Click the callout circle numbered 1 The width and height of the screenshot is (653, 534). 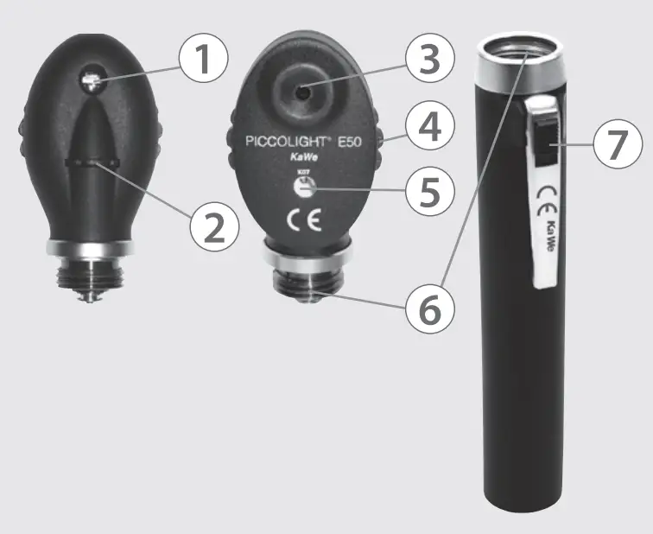[x=203, y=59]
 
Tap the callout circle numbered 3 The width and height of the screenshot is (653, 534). [x=428, y=59]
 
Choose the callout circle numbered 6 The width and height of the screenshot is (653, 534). [x=429, y=308]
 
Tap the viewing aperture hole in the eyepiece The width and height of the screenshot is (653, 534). [x=301, y=89]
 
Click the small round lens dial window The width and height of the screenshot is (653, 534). [x=310, y=191]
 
